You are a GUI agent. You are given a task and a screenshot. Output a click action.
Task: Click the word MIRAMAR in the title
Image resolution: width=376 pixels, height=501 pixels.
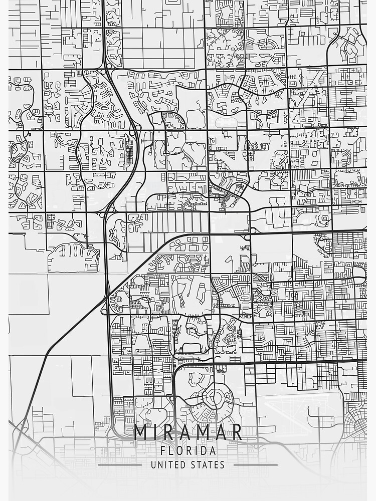188,432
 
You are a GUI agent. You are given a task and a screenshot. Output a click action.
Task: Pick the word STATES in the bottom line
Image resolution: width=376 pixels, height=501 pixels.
209,465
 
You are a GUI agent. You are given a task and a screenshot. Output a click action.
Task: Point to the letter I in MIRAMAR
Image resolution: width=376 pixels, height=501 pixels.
156,432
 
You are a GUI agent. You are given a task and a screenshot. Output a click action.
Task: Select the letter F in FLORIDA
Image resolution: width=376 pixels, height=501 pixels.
163,450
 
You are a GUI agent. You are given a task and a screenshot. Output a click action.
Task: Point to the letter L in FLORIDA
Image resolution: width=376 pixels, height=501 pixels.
171,450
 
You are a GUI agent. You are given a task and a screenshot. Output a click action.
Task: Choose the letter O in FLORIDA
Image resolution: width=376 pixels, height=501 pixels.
180,450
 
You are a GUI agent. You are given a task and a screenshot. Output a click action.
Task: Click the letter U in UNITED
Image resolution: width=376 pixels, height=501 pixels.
153,465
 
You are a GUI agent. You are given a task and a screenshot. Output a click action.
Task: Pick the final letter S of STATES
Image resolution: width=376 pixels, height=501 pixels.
222,465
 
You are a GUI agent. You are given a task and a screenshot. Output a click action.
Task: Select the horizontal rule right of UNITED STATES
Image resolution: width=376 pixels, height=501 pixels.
256,465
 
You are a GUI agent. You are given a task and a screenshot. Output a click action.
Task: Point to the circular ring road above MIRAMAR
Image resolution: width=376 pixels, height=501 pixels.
215,399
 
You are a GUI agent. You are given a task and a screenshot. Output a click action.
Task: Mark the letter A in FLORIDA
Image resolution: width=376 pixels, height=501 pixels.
213,450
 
